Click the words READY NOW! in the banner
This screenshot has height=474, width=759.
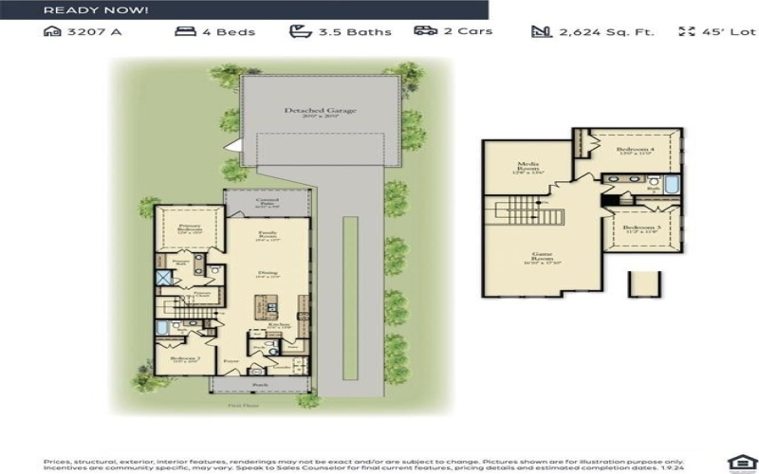click(x=96, y=9)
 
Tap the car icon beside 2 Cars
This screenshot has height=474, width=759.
click(x=425, y=31)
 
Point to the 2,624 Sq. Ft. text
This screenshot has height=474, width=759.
click(x=605, y=31)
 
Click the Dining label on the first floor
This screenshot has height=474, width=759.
click(x=267, y=275)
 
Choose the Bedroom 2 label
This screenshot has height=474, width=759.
click(x=184, y=360)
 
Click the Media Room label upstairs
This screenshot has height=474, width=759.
click(x=528, y=167)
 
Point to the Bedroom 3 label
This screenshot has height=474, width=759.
click(x=641, y=228)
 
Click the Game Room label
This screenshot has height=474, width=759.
click(x=544, y=259)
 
